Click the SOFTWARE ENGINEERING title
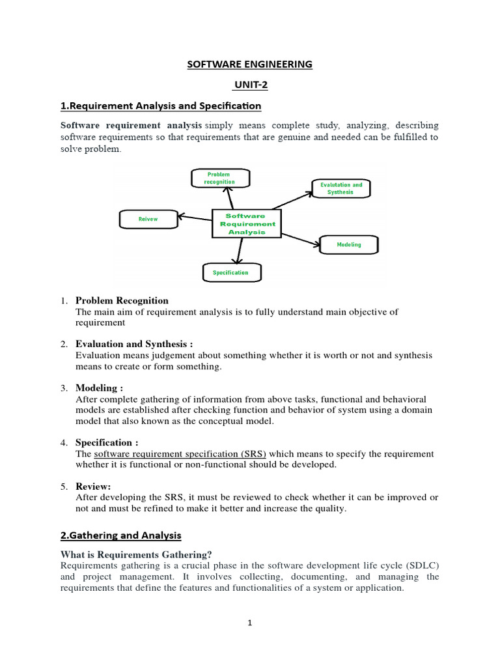(250, 64)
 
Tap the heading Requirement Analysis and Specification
(161, 106)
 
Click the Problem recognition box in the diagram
(220, 178)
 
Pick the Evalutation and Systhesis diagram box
(341, 189)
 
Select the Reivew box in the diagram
(148, 220)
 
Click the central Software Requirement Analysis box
(246, 223)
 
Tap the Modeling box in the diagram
(349, 245)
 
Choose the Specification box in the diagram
(230, 272)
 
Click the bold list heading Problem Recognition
(122, 301)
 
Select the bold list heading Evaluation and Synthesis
(134, 344)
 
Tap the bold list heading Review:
(93, 486)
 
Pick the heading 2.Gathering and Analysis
(120, 535)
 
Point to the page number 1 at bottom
(249, 623)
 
